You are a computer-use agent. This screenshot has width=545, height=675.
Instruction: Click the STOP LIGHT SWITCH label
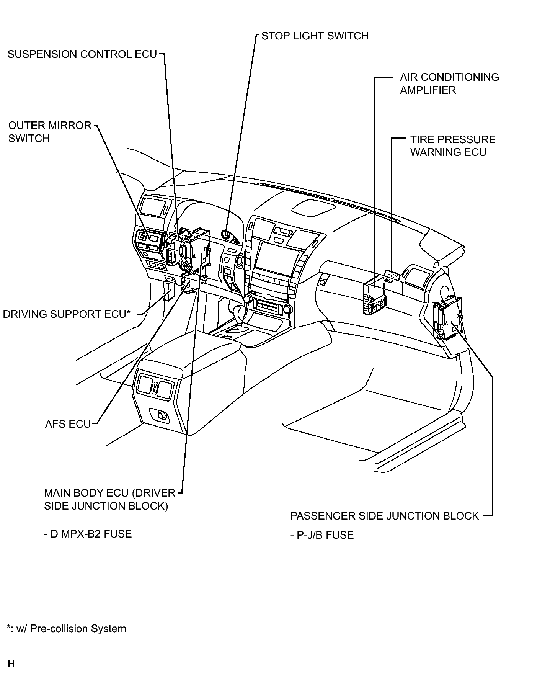pyautogui.click(x=315, y=36)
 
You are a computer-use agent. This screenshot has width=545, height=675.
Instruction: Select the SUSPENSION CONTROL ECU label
pyautogui.click(x=82, y=54)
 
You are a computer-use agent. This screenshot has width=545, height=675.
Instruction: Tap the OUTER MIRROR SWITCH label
pyautogui.click(x=50, y=132)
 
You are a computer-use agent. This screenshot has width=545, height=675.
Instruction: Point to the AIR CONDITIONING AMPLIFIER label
pyautogui.click(x=449, y=83)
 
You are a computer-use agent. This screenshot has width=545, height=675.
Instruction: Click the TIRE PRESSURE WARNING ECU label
pyautogui.click(x=453, y=146)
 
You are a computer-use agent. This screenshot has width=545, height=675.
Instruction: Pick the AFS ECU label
pyautogui.click(x=68, y=424)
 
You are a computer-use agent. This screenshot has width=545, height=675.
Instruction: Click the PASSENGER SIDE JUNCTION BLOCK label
pyautogui.click(x=385, y=516)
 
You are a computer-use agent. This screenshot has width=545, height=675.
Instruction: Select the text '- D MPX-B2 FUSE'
pyautogui.click(x=88, y=534)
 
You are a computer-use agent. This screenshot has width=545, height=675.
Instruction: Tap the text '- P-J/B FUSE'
pyautogui.click(x=322, y=535)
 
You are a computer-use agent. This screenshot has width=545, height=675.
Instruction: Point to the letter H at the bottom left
pyautogui.click(x=11, y=664)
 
